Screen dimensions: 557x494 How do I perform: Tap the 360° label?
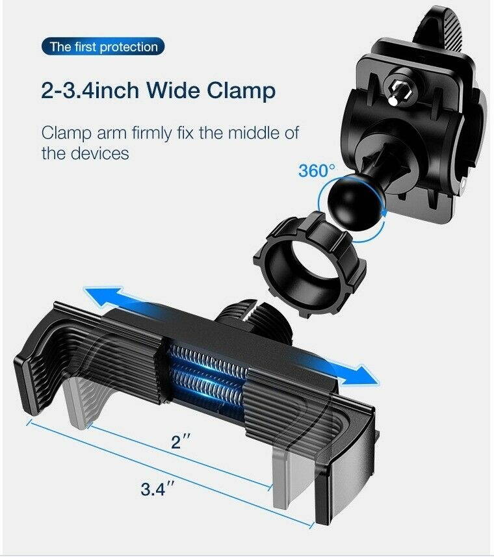tap(317, 171)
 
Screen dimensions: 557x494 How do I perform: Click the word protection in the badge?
tap(129, 47)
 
